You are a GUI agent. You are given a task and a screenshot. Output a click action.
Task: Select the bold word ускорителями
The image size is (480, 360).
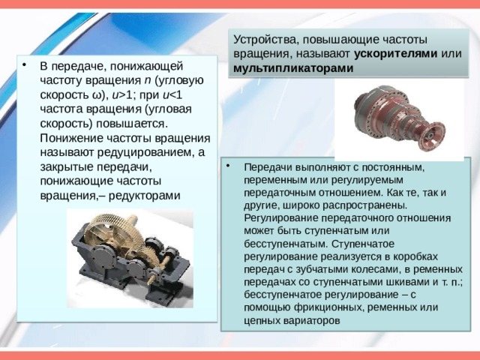(395, 53)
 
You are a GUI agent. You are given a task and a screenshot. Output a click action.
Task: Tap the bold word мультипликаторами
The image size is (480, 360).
(293, 67)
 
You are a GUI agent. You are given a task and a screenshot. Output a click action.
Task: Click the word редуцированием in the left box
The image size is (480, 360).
(145, 152)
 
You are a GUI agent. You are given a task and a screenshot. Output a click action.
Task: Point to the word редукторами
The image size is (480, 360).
(145, 195)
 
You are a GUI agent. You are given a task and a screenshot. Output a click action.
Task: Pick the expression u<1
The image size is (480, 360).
(172, 95)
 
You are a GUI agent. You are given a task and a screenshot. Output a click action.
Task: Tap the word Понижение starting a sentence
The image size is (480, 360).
(71, 138)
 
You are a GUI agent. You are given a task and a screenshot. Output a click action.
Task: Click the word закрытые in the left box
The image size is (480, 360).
(67, 166)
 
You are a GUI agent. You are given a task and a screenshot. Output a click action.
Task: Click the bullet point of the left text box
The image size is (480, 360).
(24, 65)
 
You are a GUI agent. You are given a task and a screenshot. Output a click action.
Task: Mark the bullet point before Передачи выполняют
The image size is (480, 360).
(228, 166)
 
